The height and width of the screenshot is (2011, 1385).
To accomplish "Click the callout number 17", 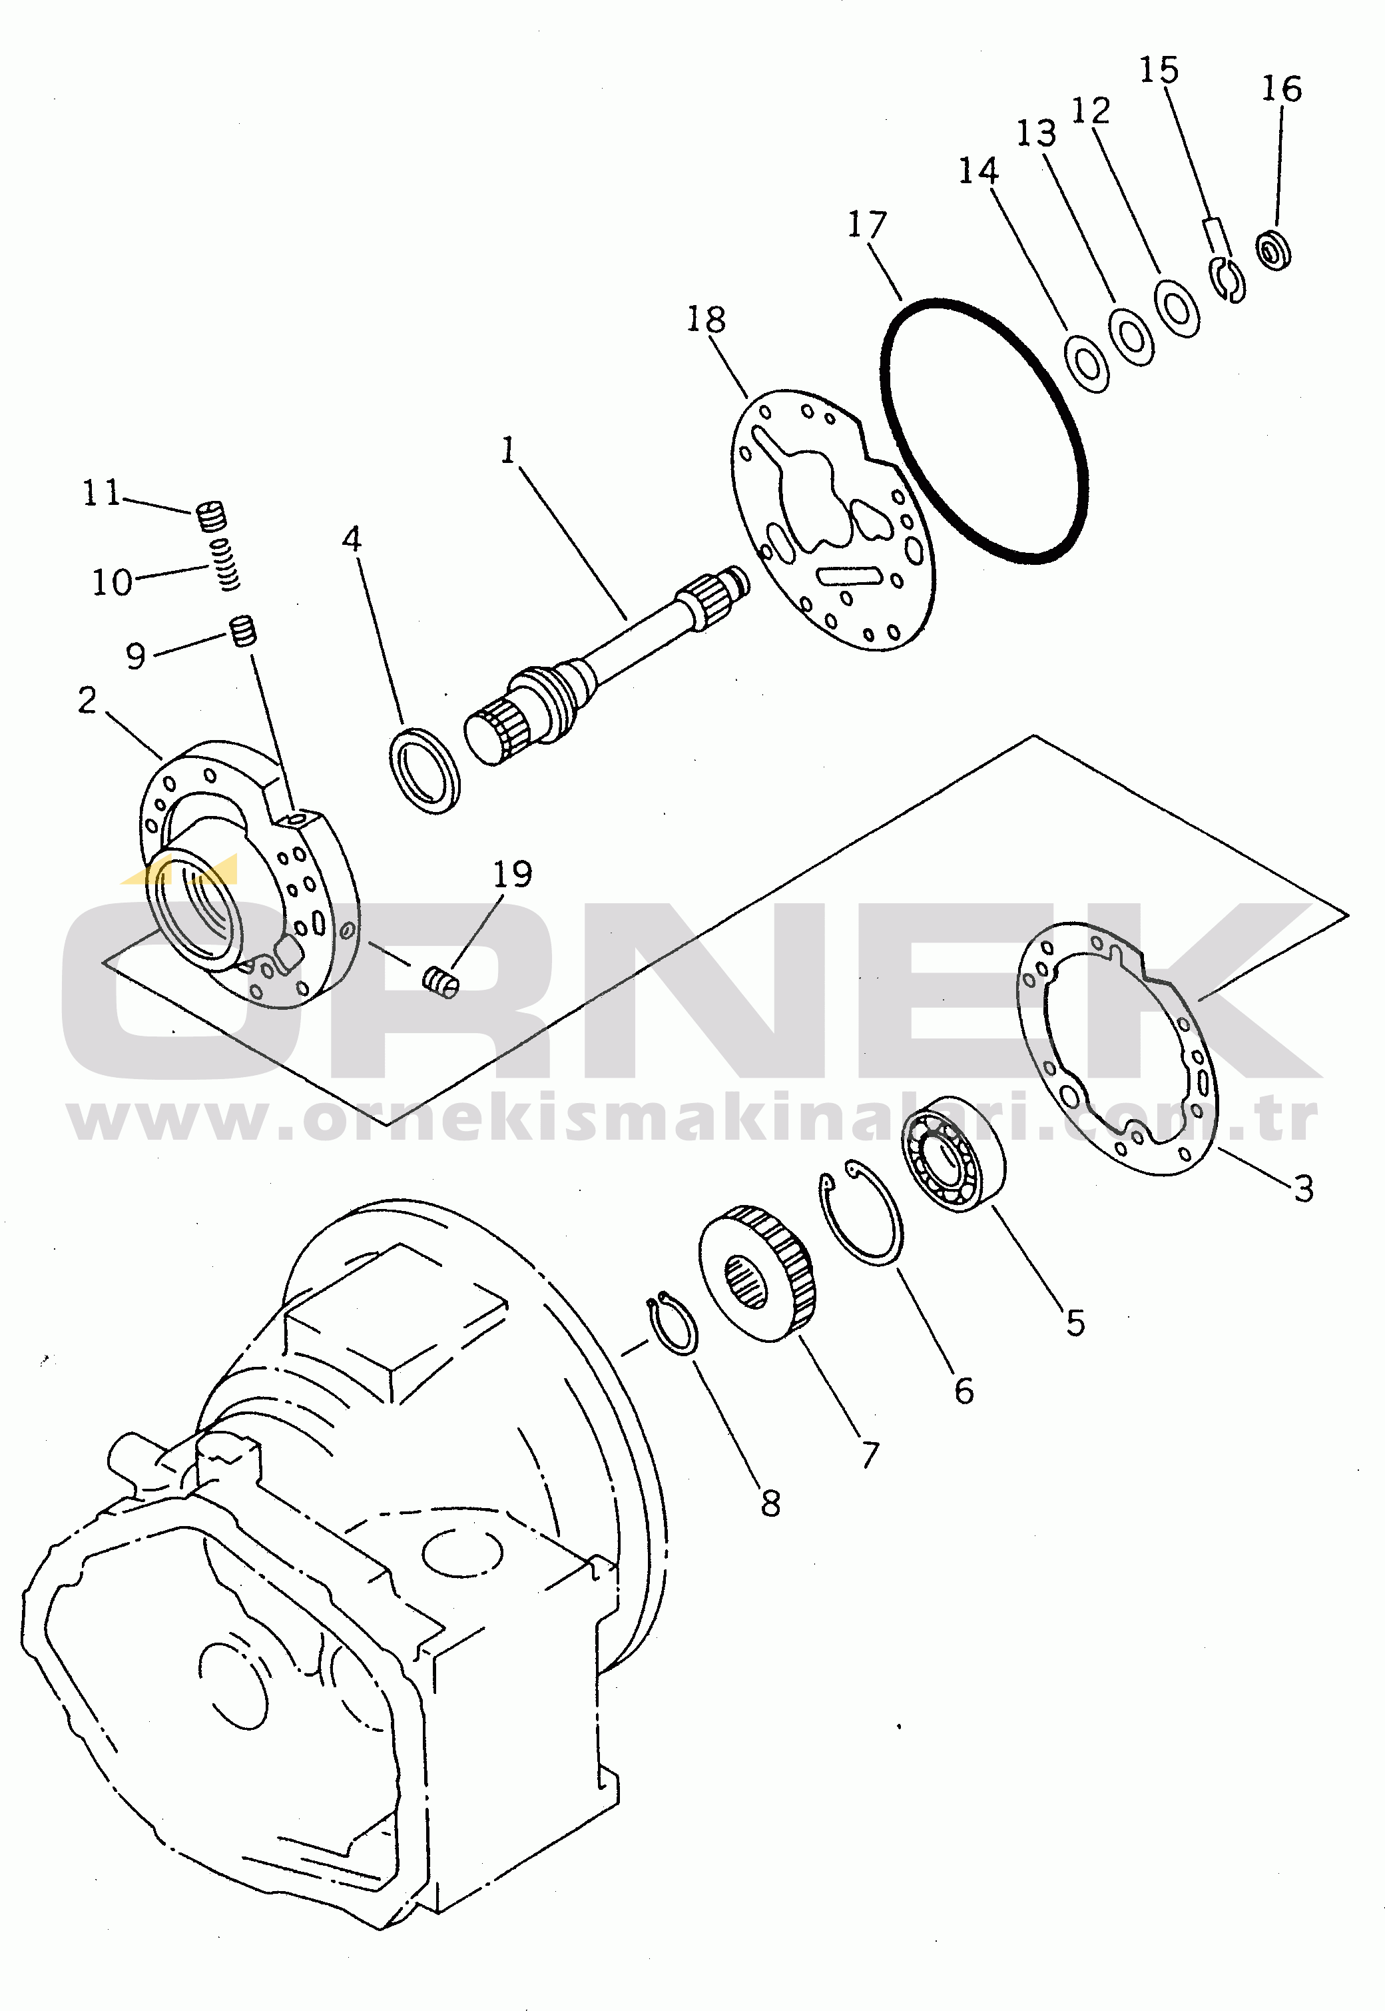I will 867,224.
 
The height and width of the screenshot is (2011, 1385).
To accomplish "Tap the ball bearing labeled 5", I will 954,1154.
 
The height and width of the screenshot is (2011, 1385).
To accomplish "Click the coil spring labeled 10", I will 227,564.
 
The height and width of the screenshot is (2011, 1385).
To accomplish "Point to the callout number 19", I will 512,874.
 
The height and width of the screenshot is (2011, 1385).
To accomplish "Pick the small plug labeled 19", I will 441,983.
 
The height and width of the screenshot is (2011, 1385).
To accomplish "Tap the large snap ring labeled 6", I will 862,1212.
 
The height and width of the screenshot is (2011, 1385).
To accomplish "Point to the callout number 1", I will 509,450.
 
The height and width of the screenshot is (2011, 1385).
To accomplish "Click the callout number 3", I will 1303,1188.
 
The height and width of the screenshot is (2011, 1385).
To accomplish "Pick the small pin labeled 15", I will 1217,236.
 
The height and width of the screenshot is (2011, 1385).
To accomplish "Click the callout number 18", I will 706,319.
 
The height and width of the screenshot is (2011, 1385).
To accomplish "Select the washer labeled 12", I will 1177,306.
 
